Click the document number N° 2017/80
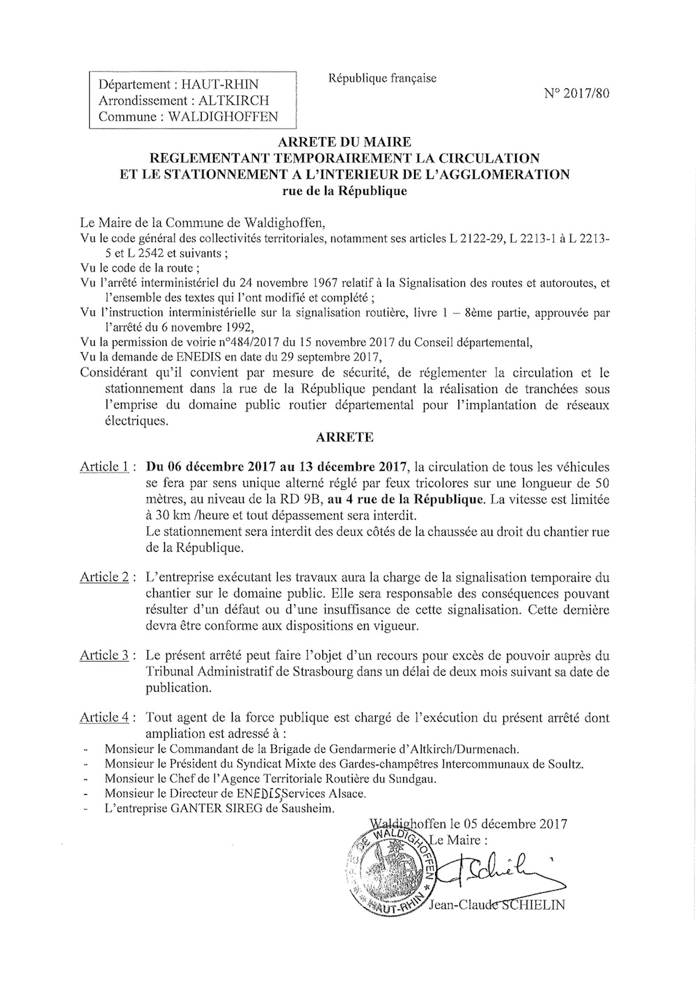(x=577, y=95)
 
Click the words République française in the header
(x=382, y=79)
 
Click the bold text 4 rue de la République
(x=415, y=499)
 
